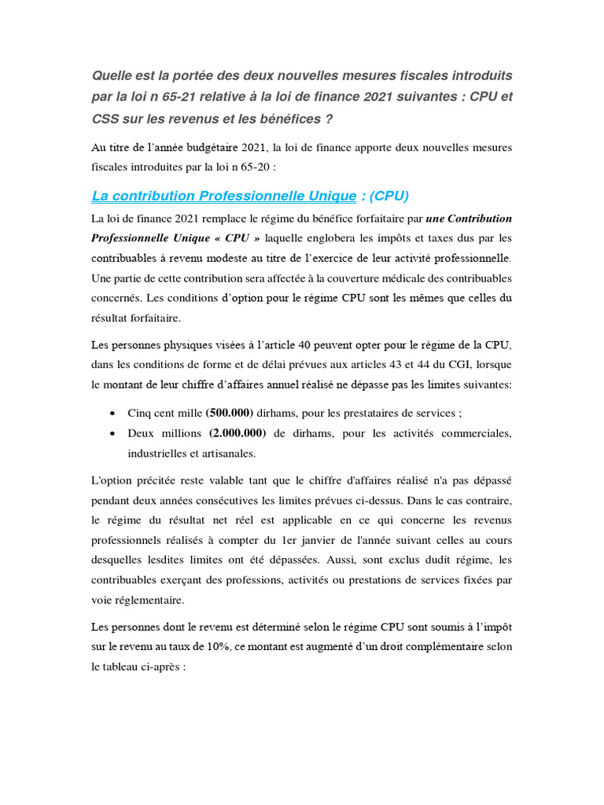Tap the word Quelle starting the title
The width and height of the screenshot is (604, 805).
click(x=113, y=75)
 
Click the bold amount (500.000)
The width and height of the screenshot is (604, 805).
click(x=230, y=413)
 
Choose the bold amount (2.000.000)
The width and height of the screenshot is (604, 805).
click(x=238, y=433)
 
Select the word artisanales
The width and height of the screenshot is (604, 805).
click(x=229, y=454)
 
